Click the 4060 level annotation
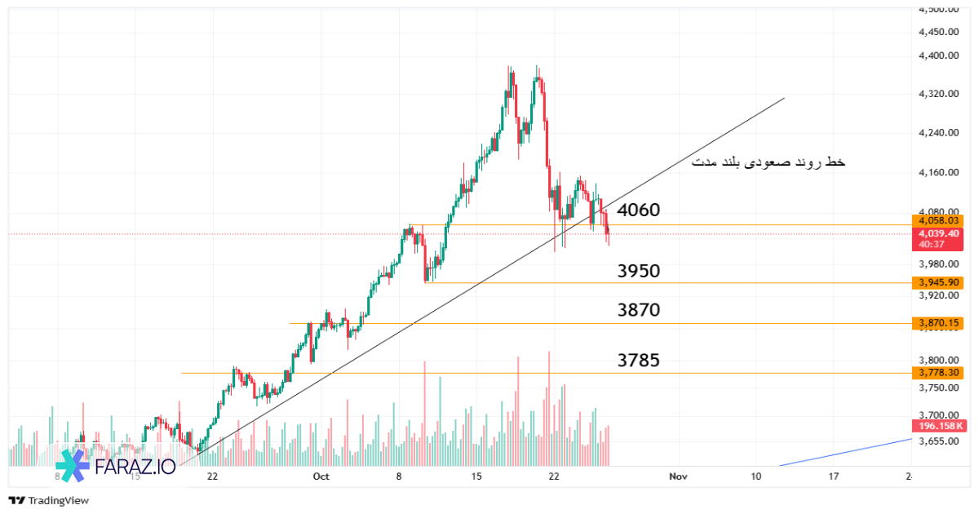point(639,210)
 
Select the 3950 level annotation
point(639,271)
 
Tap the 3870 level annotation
point(639,310)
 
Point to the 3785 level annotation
point(639,360)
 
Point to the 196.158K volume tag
point(941,426)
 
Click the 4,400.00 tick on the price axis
point(937,55)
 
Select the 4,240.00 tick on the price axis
point(937,133)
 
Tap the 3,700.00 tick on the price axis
point(937,415)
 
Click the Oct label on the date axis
point(321,476)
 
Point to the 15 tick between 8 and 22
point(477,476)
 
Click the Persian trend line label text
point(768,163)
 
